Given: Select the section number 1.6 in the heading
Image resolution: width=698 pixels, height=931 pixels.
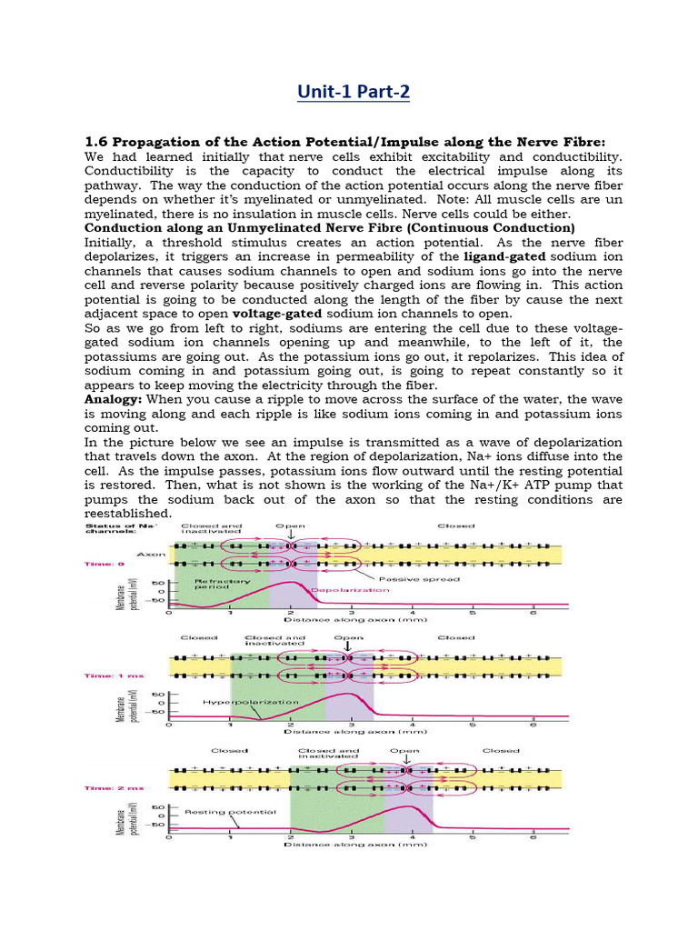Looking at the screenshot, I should point(95,141).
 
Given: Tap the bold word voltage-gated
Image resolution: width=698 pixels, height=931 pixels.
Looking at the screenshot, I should point(277,313).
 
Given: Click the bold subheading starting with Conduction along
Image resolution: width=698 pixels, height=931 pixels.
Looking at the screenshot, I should point(329,227).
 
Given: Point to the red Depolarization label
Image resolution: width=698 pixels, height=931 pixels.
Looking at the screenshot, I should point(351,590).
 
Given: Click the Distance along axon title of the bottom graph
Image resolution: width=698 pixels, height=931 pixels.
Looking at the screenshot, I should point(355,844).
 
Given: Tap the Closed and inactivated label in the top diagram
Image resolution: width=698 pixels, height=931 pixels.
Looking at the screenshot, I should point(211,530).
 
